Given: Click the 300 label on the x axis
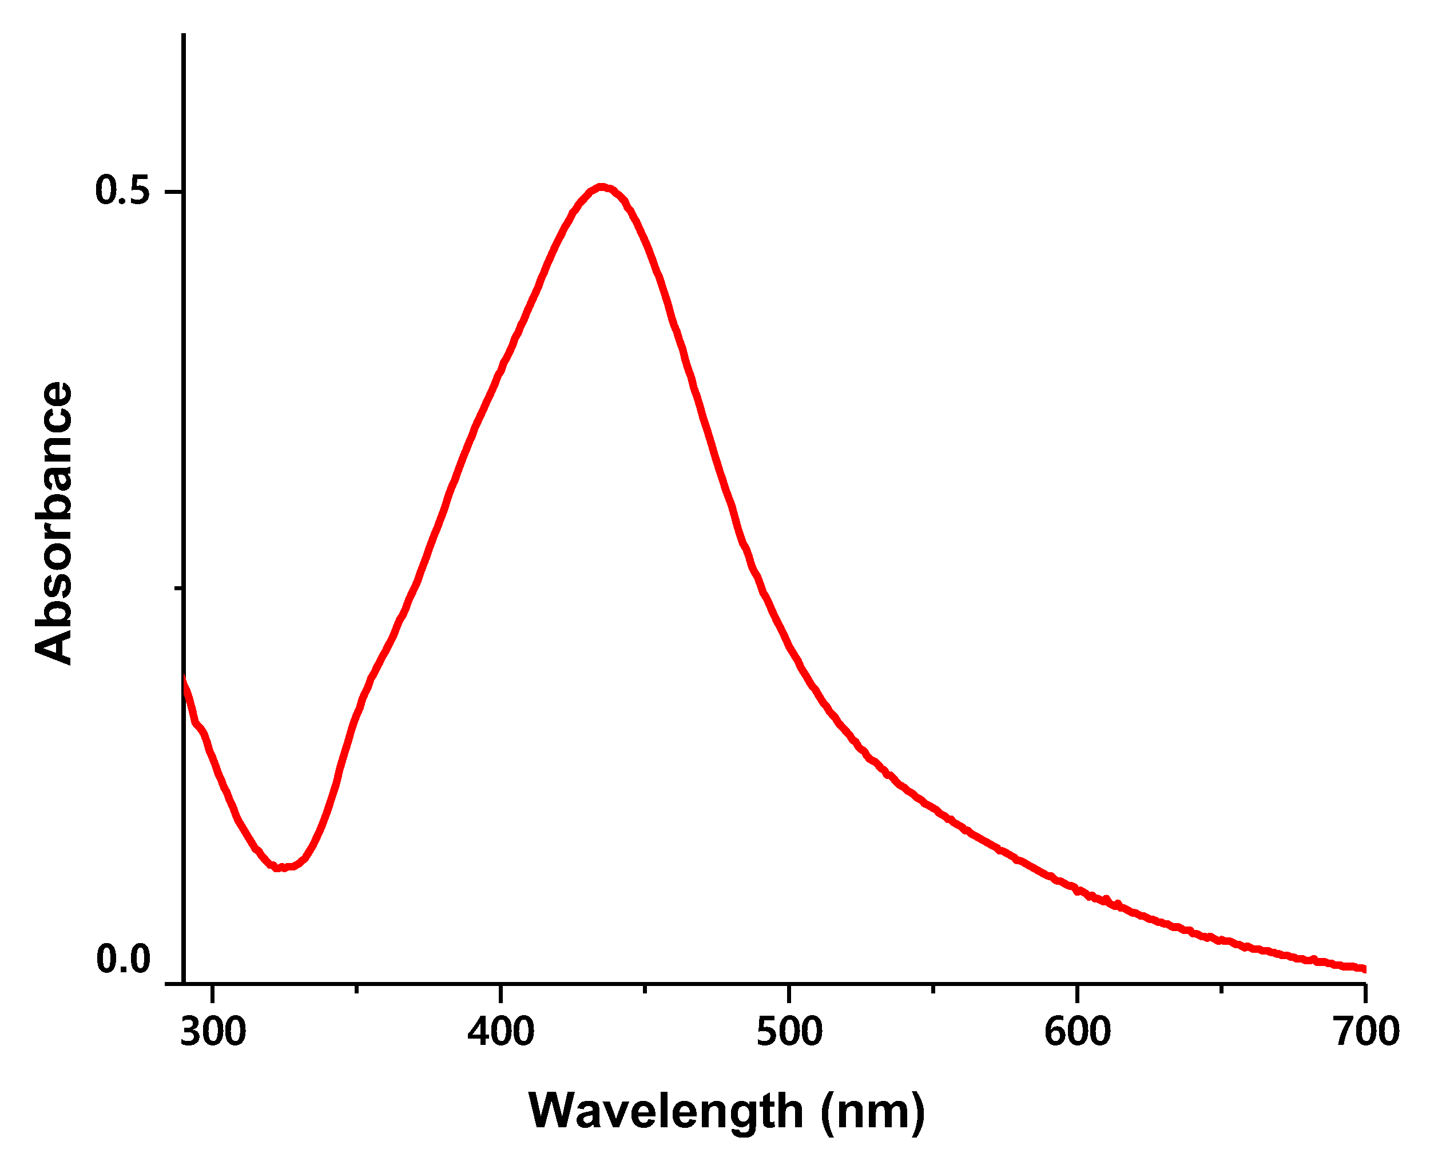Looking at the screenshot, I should click(x=213, y=1031).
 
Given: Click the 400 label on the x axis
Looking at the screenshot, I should click(x=501, y=1031).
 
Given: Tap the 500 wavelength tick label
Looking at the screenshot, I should click(x=789, y=1031).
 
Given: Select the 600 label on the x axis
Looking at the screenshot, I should click(x=1078, y=1031).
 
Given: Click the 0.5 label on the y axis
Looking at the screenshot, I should click(x=122, y=190).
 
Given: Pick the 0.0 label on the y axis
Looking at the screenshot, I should click(x=122, y=959).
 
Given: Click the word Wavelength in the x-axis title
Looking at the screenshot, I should click(x=665, y=1111).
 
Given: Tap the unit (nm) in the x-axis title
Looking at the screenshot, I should click(x=872, y=1111).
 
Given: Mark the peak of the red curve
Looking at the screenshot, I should click(x=601, y=187).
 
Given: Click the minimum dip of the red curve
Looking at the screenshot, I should click(x=281, y=868).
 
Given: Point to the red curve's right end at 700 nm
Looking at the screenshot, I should click(x=1364, y=968).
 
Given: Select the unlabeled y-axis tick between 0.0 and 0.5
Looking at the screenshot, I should click(x=178, y=588).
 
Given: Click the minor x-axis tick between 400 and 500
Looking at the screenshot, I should click(x=645, y=988).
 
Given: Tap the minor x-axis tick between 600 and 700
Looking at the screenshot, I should click(x=1221, y=988).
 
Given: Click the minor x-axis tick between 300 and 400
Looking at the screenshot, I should click(x=356, y=988).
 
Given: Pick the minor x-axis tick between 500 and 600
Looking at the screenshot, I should click(x=933, y=988).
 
